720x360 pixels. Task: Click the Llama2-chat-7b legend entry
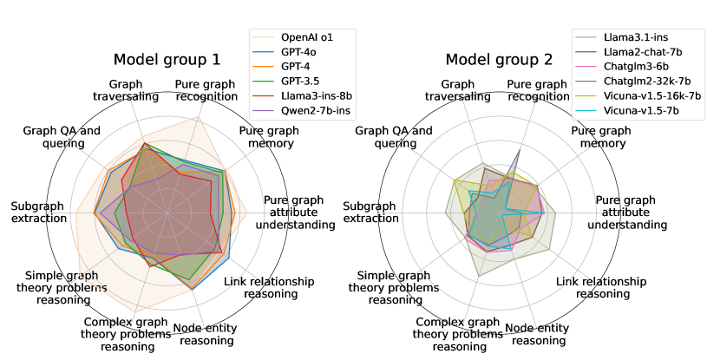click(642, 55)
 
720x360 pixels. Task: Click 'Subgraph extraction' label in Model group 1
click(39, 212)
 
